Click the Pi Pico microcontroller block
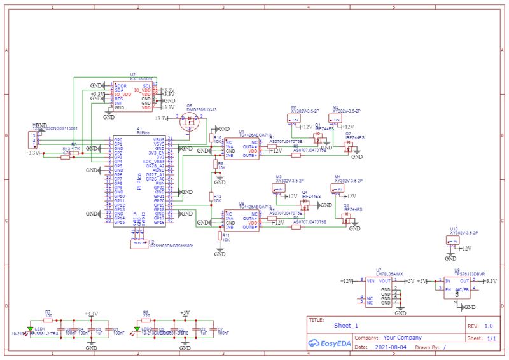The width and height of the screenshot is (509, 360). [x=139, y=181]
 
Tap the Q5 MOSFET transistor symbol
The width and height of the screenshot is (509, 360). [x=189, y=122]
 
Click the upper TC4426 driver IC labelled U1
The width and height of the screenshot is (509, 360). [x=242, y=149]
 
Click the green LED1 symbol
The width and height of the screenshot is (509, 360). [x=30, y=329]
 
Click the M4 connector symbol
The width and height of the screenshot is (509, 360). [x=337, y=187]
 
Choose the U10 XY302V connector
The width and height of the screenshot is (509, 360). [x=454, y=240]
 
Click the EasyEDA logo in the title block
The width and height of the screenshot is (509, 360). [x=329, y=342]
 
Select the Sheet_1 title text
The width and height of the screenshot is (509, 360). [x=347, y=325]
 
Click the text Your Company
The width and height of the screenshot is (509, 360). [x=398, y=338]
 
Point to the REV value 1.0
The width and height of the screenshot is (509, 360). [x=488, y=326]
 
